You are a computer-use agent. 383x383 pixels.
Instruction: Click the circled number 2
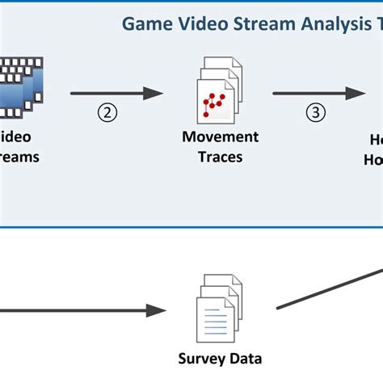coord(107,113)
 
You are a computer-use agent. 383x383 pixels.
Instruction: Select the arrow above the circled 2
coord(118,94)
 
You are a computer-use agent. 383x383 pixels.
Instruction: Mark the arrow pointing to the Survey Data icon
coord(81,309)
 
